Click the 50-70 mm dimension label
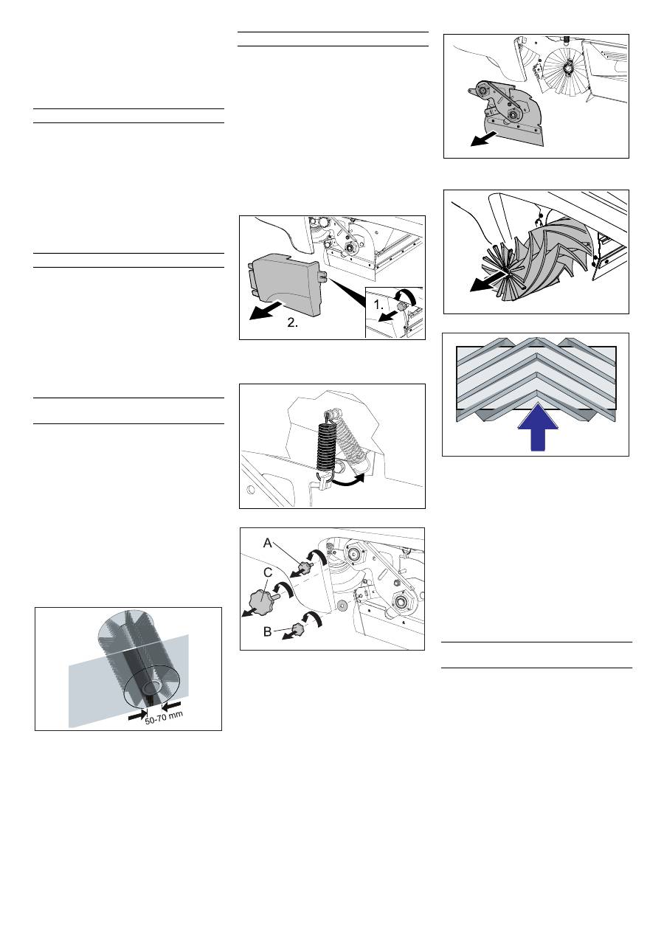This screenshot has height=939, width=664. click(165, 717)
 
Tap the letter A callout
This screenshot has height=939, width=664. click(267, 544)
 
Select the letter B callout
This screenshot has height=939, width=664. click(267, 631)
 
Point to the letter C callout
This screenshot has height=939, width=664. click(268, 572)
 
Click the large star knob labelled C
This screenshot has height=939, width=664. click(262, 600)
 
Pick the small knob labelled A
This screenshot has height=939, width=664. click(305, 567)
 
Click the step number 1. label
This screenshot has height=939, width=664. click(378, 305)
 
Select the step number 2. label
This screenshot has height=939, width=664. click(293, 323)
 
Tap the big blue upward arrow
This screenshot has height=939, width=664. click(537, 427)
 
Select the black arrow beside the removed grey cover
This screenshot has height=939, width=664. click(267, 311)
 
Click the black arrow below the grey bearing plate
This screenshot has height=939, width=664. click(484, 139)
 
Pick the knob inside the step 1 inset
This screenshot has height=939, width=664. click(404, 307)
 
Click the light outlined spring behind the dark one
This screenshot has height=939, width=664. click(352, 440)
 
